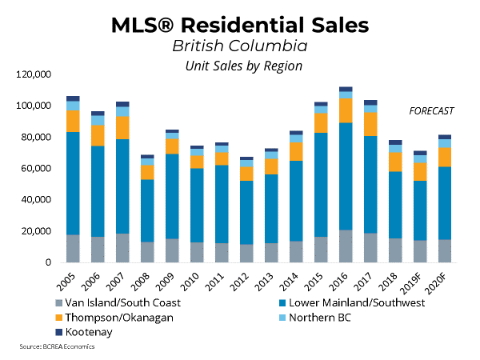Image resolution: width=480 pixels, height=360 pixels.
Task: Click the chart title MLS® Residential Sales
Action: [x=240, y=24]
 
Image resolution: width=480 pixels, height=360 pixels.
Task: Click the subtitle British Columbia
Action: [x=240, y=46]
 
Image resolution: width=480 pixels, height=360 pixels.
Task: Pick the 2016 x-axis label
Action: [x=343, y=278]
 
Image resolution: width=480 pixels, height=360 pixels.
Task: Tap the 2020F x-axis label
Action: [x=441, y=279]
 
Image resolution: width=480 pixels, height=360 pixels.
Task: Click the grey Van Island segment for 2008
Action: [x=147, y=252]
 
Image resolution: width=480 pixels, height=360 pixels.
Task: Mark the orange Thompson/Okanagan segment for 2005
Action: [x=73, y=121]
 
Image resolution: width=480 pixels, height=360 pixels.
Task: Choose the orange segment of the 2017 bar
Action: [x=370, y=124]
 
